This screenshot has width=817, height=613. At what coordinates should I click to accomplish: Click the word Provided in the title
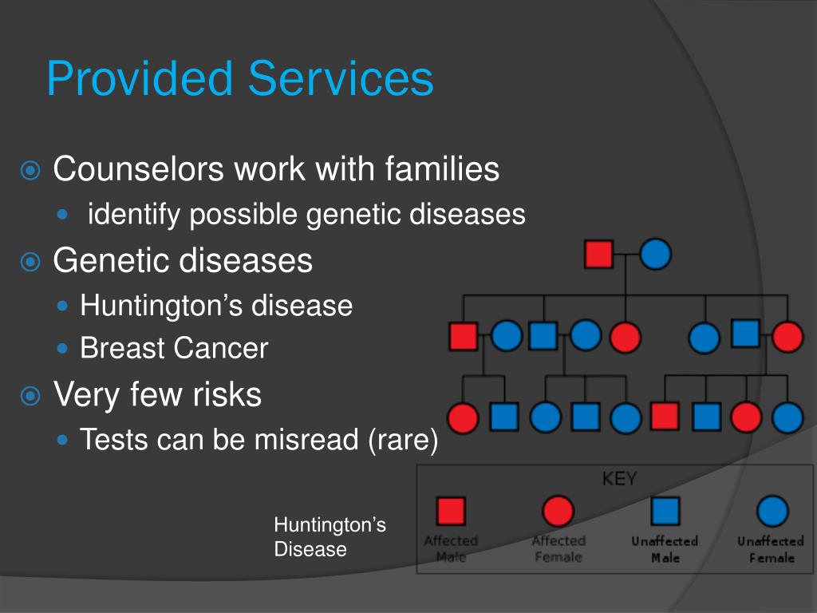coord(140,79)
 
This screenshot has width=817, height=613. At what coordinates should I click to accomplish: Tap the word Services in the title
coord(341,79)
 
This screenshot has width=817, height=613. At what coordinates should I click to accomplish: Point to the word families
coord(442,169)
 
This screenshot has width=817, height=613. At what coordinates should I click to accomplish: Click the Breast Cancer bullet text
coord(174,348)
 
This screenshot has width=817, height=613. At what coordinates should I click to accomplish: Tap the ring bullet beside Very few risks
coord(30,395)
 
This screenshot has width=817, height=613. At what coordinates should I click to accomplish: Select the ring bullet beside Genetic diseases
coord(30,261)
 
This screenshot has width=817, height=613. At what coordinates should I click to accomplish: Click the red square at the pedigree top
coord(598,255)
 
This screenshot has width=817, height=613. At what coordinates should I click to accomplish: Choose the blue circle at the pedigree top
coord(655,255)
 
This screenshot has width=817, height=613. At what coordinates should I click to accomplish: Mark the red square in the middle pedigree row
coord(463,336)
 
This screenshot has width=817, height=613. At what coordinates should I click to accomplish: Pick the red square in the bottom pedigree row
coord(664,416)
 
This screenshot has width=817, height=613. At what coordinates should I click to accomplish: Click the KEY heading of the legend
coord(619,479)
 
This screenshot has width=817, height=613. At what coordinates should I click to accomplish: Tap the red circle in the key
coord(558,510)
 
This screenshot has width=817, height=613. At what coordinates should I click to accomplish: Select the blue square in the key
coord(665,510)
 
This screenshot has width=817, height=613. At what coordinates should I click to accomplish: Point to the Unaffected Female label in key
coord(771,549)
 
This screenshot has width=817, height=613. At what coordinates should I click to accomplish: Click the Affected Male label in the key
coord(451,549)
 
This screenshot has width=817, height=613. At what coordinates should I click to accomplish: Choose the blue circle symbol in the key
coord(772,510)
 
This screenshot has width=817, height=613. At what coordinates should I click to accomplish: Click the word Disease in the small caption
coord(310,549)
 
